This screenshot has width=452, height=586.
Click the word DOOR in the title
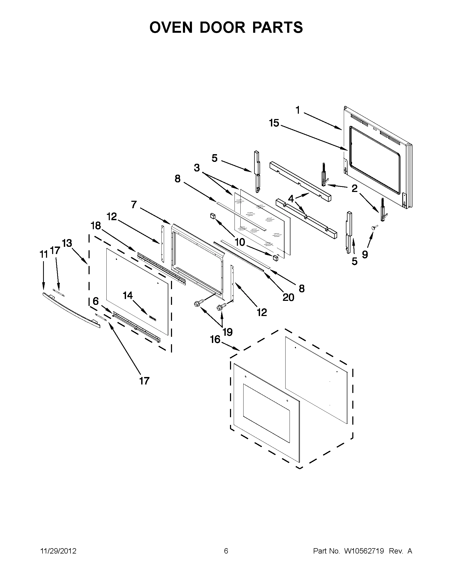coord(222,27)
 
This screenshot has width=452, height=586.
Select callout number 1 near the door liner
coord(298,110)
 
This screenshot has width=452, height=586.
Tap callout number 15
coord(274,123)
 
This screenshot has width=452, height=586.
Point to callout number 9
coord(365,254)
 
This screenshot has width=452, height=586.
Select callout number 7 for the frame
coord(134,205)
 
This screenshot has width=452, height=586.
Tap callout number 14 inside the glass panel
coord(128,296)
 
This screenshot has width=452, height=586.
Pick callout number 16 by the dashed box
coord(215,339)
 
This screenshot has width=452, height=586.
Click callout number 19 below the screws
coord(227,332)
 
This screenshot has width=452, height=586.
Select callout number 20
coord(288,297)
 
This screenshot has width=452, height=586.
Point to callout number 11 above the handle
coord(43,254)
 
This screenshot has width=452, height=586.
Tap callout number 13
coord(67,243)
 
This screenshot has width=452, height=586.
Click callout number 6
coord(96,301)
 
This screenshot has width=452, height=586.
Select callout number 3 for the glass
coord(197,168)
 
